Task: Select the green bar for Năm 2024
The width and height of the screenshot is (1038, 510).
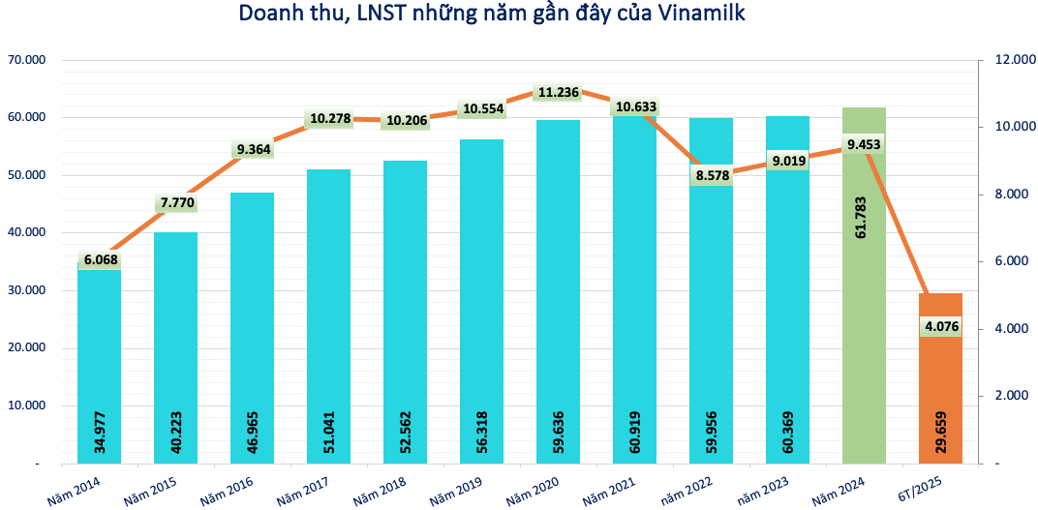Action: pos(864,319)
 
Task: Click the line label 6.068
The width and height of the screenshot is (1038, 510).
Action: pos(100,260)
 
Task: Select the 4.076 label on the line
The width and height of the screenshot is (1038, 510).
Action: pos(940,327)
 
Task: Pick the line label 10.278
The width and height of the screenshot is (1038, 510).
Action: pos(329,120)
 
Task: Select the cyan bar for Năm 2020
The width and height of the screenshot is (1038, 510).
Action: pos(558,290)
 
